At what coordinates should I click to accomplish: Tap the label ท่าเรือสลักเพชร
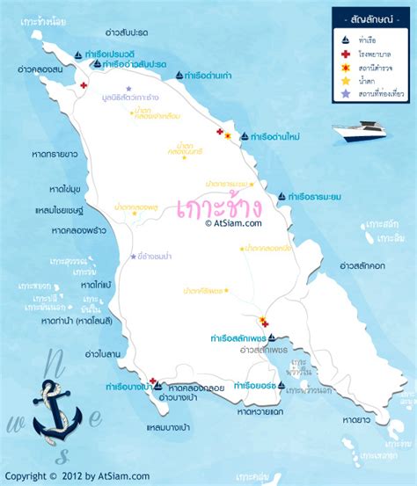click(x=238, y=337)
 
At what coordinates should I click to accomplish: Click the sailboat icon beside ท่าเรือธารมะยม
click(x=282, y=196)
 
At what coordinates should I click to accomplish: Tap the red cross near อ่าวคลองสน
click(x=83, y=85)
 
